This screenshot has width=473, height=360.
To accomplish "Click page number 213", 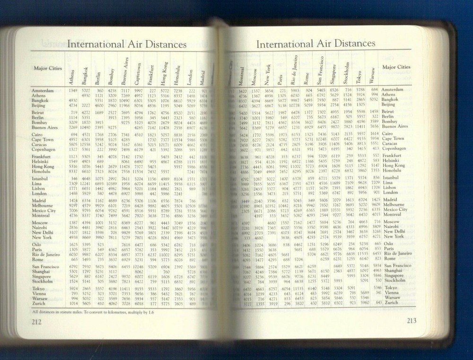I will click(411, 321).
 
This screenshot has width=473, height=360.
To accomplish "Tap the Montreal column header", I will click(242, 72).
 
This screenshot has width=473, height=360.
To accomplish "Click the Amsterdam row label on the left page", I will click(45, 90).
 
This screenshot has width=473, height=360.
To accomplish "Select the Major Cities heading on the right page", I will click(397, 67).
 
